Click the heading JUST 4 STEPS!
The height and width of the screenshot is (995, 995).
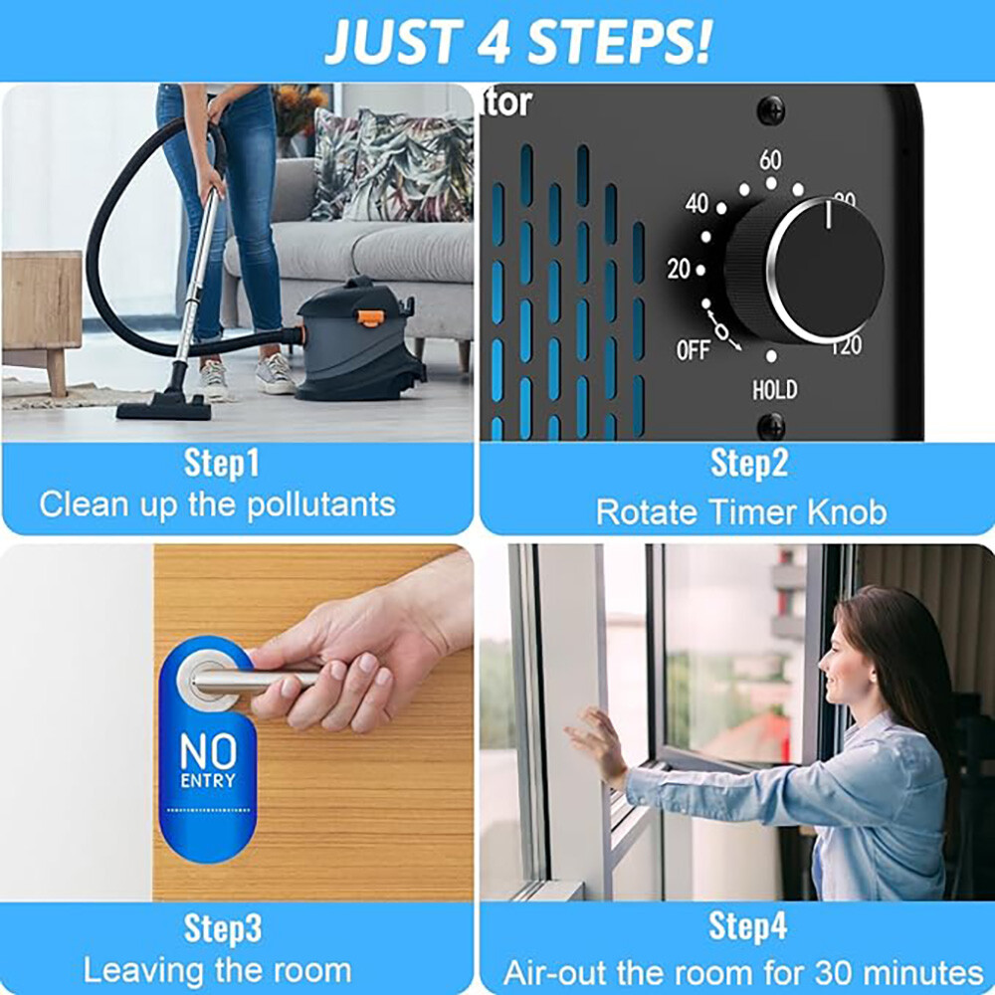(x=517, y=40)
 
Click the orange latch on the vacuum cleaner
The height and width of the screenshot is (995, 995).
(x=371, y=318)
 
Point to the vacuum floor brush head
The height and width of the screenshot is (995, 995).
(x=163, y=406)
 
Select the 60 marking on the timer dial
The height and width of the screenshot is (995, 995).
(x=770, y=160)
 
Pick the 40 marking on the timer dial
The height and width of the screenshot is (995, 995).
(x=696, y=204)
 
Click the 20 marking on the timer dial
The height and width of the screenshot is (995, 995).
(x=679, y=269)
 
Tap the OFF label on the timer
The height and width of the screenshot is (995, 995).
(x=694, y=350)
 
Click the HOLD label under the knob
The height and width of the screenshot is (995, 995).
(x=773, y=389)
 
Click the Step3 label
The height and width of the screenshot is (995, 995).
(x=223, y=928)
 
